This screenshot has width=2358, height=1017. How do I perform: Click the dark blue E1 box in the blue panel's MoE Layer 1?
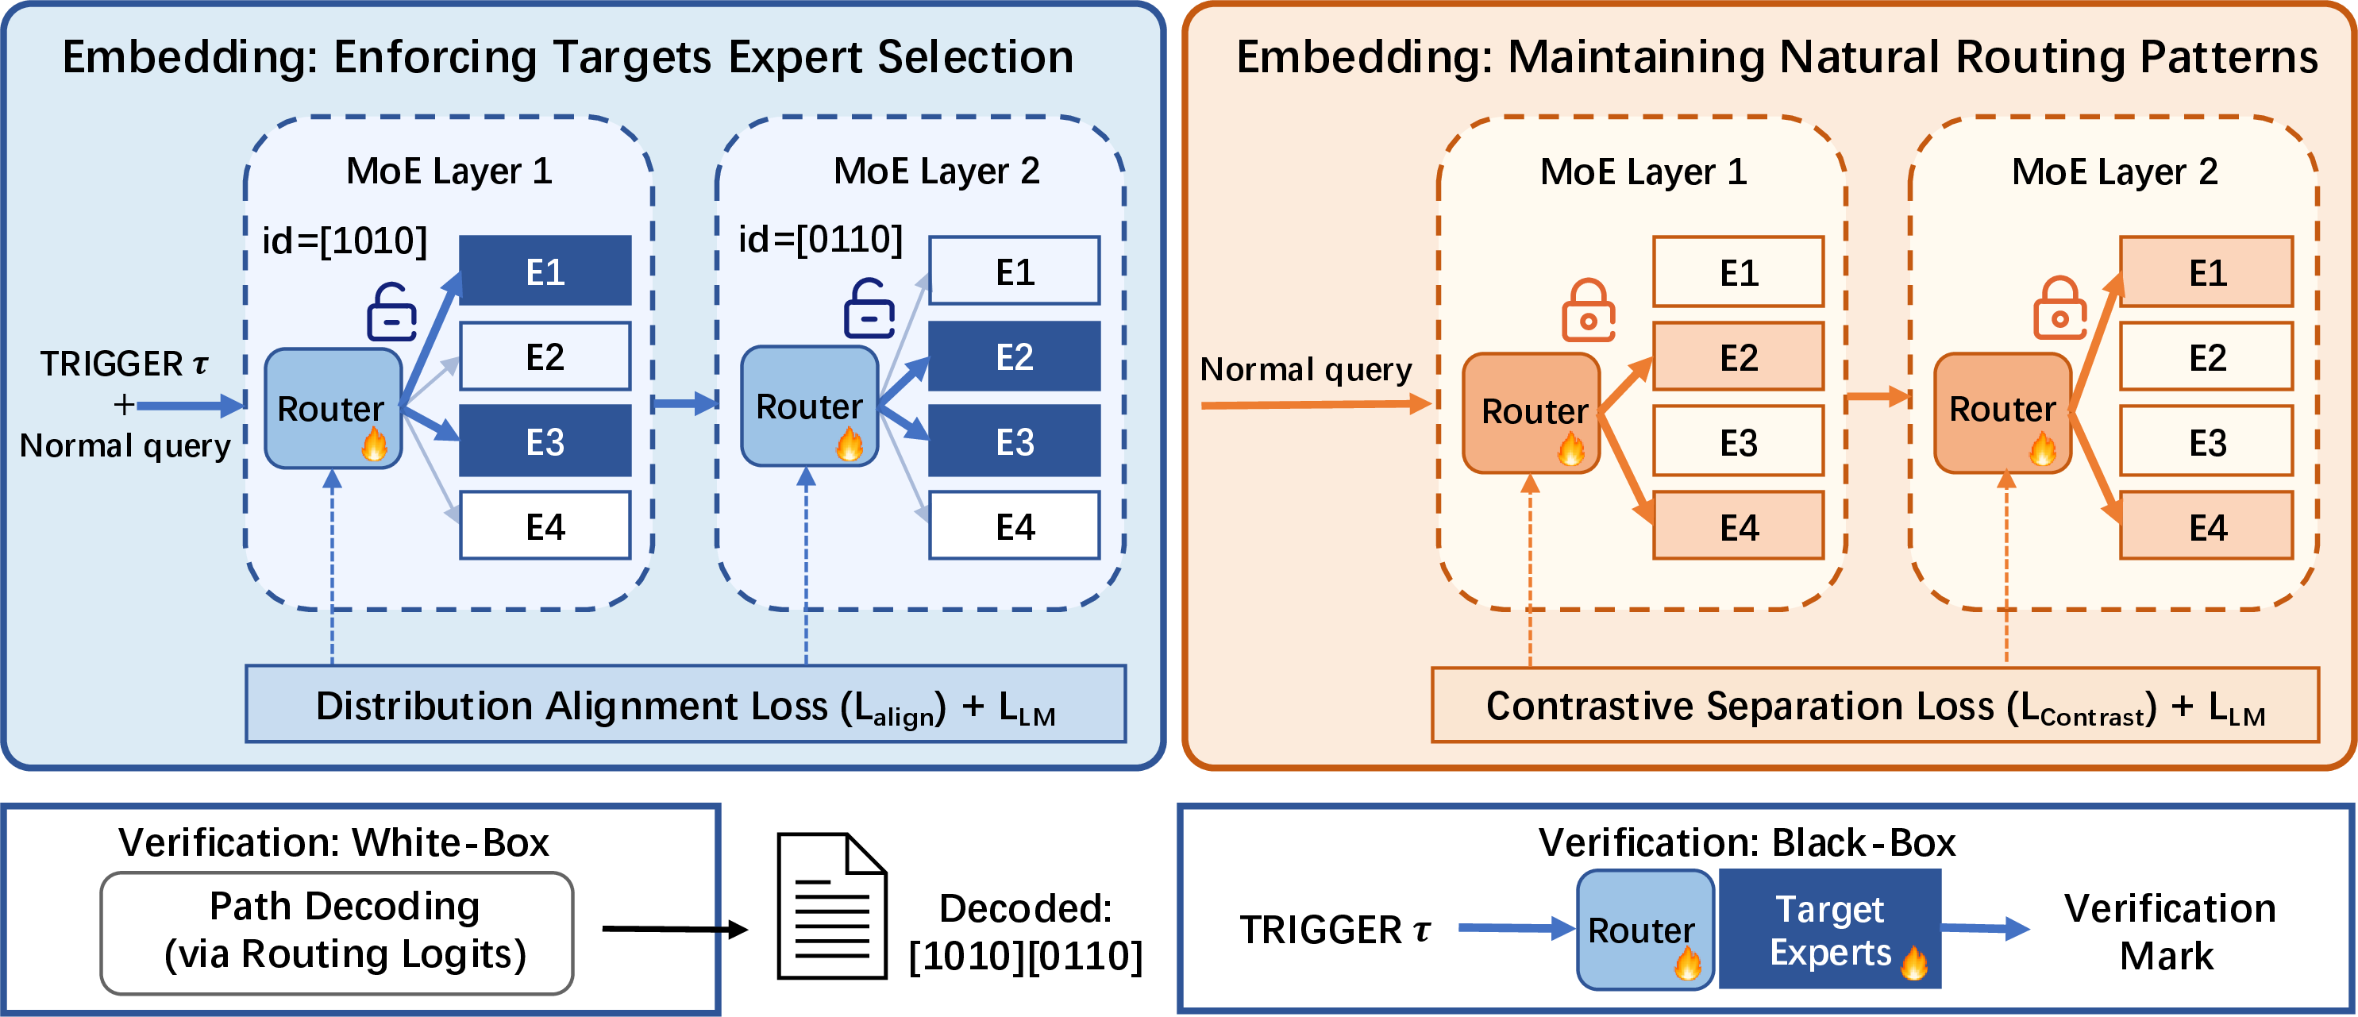545,270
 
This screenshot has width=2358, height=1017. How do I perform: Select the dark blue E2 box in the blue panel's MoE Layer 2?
1014,356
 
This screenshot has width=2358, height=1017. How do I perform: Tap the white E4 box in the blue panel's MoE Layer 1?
545,526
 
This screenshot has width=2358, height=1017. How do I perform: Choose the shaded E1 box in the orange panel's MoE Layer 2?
2207,271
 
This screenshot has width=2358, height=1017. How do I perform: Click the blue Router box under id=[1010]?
333,408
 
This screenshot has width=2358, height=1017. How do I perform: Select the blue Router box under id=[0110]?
810,406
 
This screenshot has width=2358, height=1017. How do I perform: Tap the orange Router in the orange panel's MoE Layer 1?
1532,413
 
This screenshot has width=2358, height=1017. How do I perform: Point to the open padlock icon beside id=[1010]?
391,312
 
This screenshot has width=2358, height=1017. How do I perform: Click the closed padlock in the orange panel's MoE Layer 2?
2059,309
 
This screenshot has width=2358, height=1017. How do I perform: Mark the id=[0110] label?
820,239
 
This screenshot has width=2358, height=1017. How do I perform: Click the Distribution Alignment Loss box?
686,704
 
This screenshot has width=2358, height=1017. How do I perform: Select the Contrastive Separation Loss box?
1875,705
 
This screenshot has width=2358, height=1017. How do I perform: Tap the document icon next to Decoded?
832,905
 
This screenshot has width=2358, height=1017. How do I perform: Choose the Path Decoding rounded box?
337,933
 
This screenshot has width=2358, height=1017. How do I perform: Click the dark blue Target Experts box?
1830,929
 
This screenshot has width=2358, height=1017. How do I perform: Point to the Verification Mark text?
2169,932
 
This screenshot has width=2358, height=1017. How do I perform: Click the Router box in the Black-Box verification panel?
1645,929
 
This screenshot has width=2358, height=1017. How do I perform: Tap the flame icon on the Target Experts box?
1914,962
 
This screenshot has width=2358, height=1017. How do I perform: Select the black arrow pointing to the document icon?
676,930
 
